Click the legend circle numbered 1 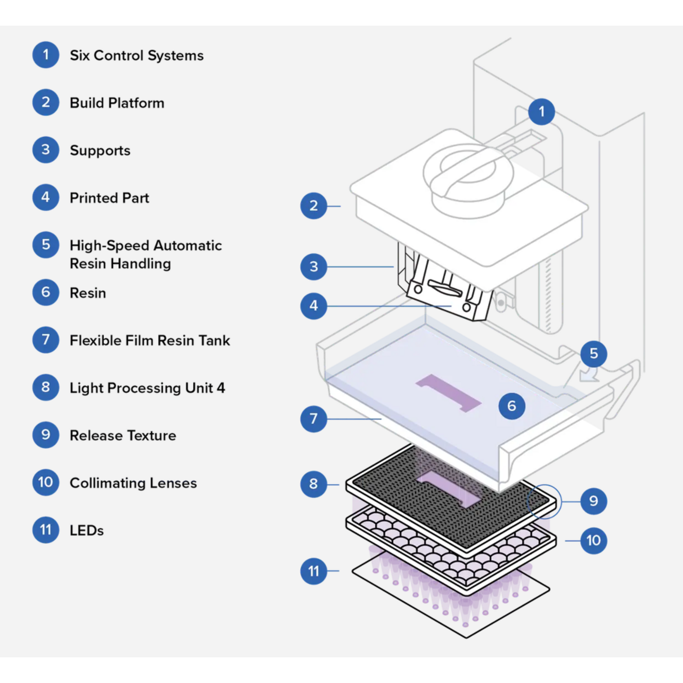[x=45, y=55]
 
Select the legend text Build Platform [x=117, y=103]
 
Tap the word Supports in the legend [x=100, y=150]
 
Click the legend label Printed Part [x=109, y=198]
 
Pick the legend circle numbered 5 [x=45, y=245]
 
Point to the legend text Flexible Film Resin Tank [x=150, y=341]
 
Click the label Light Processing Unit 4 [x=147, y=388]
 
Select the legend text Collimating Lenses [x=133, y=483]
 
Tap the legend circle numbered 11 [x=45, y=530]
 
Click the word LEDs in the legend [x=86, y=530]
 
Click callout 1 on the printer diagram [x=541, y=112]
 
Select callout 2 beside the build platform [x=313, y=205]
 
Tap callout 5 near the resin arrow [x=593, y=353]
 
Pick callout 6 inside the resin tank [x=511, y=406]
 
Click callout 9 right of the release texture [x=593, y=501]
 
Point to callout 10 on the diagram [x=593, y=540]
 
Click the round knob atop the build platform [x=468, y=178]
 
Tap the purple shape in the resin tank [x=449, y=393]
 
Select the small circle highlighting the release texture [x=544, y=502]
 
